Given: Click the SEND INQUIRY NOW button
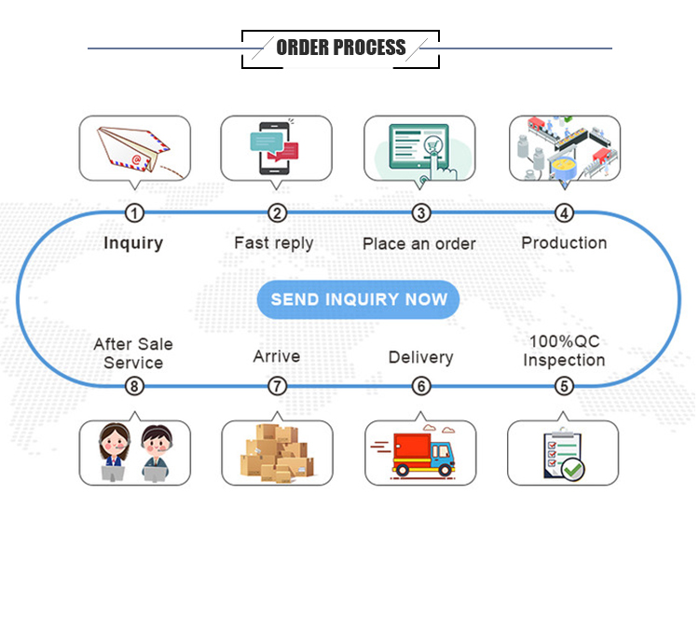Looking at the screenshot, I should tap(359, 300).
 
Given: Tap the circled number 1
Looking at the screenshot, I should tap(135, 213).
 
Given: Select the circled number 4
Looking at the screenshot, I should tap(564, 213).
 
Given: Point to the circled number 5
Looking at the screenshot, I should tap(564, 385).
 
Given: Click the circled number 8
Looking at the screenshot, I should tap(135, 385).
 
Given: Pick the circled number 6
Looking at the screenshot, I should tap(421, 385).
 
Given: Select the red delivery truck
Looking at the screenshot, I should tap(419, 453).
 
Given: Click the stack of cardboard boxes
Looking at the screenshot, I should tap(277, 453).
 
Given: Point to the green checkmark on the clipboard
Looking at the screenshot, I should tap(572, 469).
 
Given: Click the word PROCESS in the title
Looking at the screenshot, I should tap(370, 48).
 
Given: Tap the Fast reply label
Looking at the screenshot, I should tap(274, 243).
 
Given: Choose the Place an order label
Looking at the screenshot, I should tap(418, 244).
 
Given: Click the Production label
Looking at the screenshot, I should tap(564, 243).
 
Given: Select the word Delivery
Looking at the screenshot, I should tap(420, 358).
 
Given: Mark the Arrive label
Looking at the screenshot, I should tap(277, 357).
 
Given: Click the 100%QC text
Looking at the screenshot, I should tap(564, 342).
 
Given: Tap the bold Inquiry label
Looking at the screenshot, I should tap(133, 243).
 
